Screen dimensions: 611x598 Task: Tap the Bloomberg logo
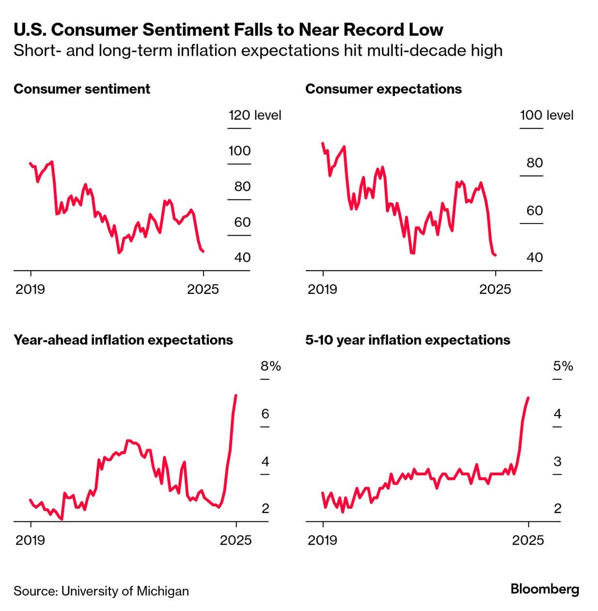tap(545, 589)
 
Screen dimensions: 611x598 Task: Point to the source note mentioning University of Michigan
tap(101, 591)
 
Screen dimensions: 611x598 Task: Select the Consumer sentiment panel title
tap(82, 89)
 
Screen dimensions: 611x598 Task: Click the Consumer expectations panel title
tap(383, 89)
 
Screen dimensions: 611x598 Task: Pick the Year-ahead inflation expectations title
tap(123, 340)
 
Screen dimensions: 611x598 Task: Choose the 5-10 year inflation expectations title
tap(408, 340)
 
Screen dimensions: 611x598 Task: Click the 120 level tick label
tap(254, 115)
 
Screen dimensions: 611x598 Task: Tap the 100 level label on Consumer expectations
tap(546, 115)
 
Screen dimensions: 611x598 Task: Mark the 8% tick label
tap(271, 366)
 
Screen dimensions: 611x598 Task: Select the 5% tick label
tap(563, 366)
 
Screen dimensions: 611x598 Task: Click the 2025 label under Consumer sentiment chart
tap(203, 289)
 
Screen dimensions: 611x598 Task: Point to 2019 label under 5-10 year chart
tap(322, 540)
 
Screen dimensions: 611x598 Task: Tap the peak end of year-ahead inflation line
tap(236, 396)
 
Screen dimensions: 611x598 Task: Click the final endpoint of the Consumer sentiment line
tap(203, 251)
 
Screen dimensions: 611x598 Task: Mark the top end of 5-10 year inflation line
tap(528, 398)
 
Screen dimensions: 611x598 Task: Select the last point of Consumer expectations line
tap(495, 255)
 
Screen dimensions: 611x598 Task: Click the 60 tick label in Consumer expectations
tap(535, 210)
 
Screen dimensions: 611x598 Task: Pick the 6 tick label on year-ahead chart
tap(265, 414)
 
